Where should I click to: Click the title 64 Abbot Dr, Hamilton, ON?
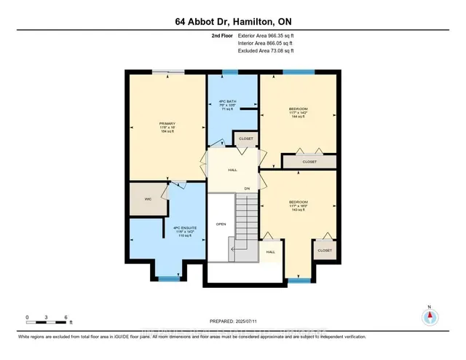pos(232,21)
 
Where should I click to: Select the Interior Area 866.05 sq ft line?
pos(265,43)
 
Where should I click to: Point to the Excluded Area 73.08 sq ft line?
pos(265,51)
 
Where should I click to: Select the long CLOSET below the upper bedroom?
pos(309,162)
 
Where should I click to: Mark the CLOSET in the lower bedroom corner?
pos(324,250)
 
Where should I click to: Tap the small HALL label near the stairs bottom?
pos(270,251)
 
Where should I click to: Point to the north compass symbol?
pos(430,316)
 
